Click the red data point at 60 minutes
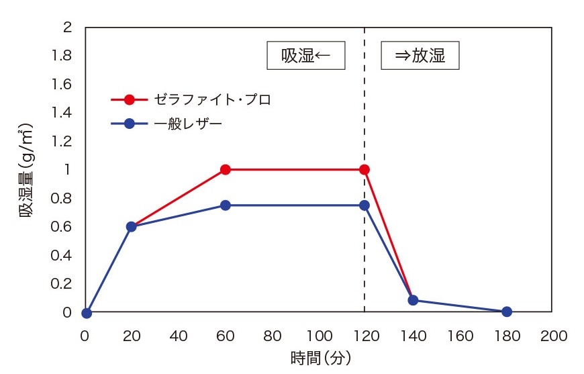[x=226, y=169]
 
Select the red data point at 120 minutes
[x=364, y=169]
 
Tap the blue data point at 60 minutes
[x=226, y=205]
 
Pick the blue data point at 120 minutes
[x=364, y=205]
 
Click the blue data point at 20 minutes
[x=132, y=227]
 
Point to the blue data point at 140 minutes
[x=413, y=300]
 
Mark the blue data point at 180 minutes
[x=507, y=312]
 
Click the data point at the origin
[x=86, y=313]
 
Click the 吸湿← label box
[x=306, y=56]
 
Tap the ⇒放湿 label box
[x=420, y=56]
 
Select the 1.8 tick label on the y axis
[x=62, y=56]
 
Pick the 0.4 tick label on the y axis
[x=62, y=256]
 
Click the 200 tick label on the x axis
[x=554, y=335]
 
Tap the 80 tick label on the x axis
[x=272, y=335]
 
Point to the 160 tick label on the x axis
[x=460, y=335]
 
